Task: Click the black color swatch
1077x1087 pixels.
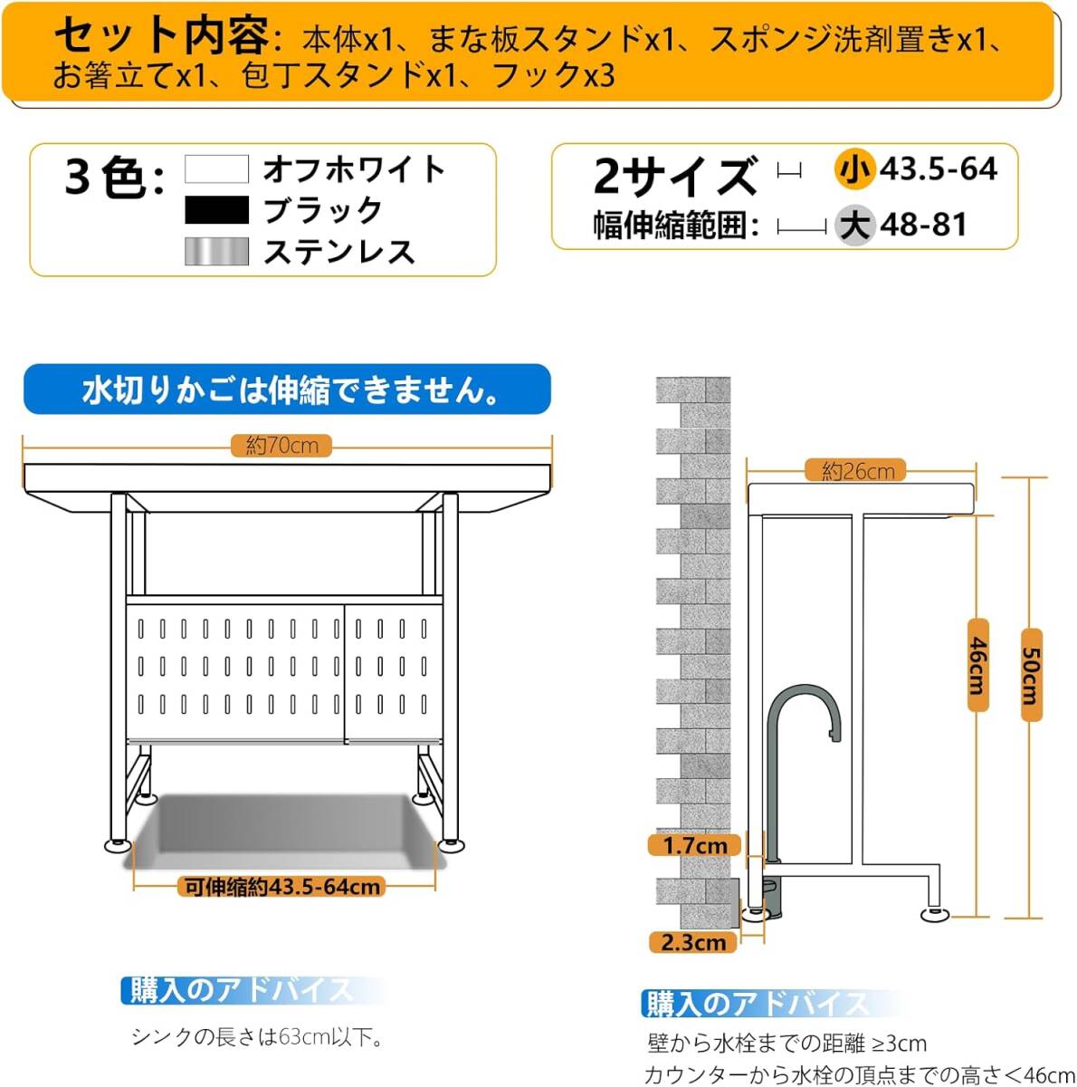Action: pyautogui.click(x=216, y=210)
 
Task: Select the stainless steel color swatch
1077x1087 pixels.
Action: pyautogui.click(x=216, y=251)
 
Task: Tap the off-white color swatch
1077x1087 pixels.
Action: pyautogui.click(x=216, y=168)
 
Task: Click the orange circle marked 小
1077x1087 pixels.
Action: pyautogui.click(x=855, y=169)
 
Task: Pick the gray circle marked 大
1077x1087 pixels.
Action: pyautogui.click(x=855, y=225)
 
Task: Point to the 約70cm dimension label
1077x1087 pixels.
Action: pyautogui.click(x=281, y=446)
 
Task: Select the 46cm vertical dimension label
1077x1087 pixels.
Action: pyautogui.click(x=977, y=665)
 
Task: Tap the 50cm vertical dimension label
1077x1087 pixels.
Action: pyautogui.click(x=1032, y=675)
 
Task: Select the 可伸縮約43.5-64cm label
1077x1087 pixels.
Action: pyautogui.click(x=282, y=887)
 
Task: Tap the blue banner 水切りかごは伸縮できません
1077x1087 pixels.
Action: pyautogui.click(x=287, y=390)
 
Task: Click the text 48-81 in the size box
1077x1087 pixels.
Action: pyautogui.click(x=924, y=225)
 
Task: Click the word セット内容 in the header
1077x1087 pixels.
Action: pyautogui.click(x=162, y=35)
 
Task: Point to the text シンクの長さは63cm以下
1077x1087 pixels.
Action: pyautogui.click(x=257, y=1037)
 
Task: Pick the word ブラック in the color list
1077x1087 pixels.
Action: pyautogui.click(x=324, y=210)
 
